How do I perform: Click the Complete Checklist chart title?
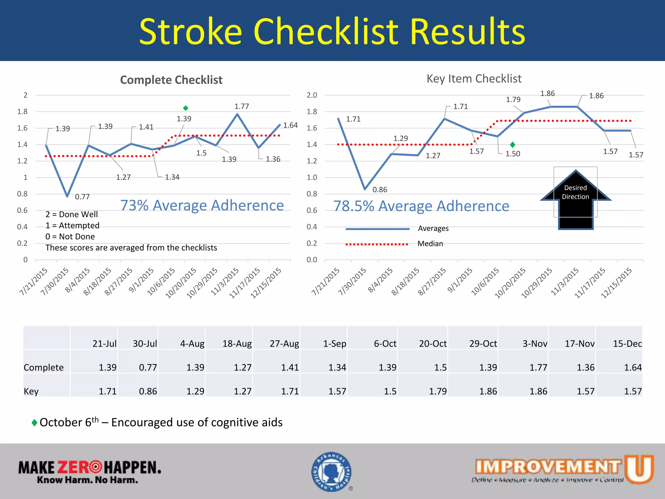click(x=171, y=80)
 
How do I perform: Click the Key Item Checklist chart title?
click(x=474, y=79)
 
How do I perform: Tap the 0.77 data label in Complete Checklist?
click(x=82, y=197)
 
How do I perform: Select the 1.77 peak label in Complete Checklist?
click(x=242, y=107)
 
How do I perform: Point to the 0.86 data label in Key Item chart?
click(x=380, y=190)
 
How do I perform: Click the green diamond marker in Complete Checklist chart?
click(x=185, y=108)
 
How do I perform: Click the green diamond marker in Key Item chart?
click(x=512, y=145)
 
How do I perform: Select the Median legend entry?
click(x=430, y=244)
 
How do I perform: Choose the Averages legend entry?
click(x=433, y=229)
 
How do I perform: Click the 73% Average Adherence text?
click(x=202, y=205)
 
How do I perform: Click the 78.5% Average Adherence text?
click(x=421, y=206)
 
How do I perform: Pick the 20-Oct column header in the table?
click(x=433, y=344)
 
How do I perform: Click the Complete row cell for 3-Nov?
click(x=538, y=367)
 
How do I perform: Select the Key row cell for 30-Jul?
click(x=148, y=391)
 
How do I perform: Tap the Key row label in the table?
click(x=31, y=391)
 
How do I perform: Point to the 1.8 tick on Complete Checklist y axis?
click(x=22, y=112)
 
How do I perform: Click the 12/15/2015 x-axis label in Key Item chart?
click(x=617, y=282)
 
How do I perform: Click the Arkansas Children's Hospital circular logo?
click(x=332, y=472)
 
